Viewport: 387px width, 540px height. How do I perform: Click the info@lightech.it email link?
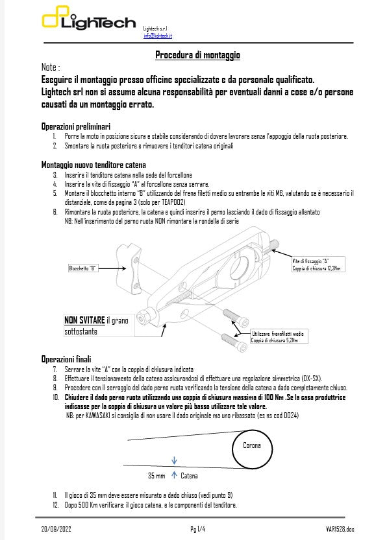click(x=158, y=36)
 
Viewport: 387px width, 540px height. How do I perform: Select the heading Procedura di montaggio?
click(x=198, y=55)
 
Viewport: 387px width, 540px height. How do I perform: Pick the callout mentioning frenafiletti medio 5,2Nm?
click(x=279, y=336)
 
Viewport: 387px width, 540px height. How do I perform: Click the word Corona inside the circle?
click(x=251, y=446)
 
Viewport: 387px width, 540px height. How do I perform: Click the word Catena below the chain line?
click(x=189, y=476)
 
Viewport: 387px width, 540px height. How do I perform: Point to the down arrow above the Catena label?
click(x=174, y=462)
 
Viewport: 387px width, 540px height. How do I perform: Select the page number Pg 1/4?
click(x=197, y=530)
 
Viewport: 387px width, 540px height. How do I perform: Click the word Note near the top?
click(x=49, y=67)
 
